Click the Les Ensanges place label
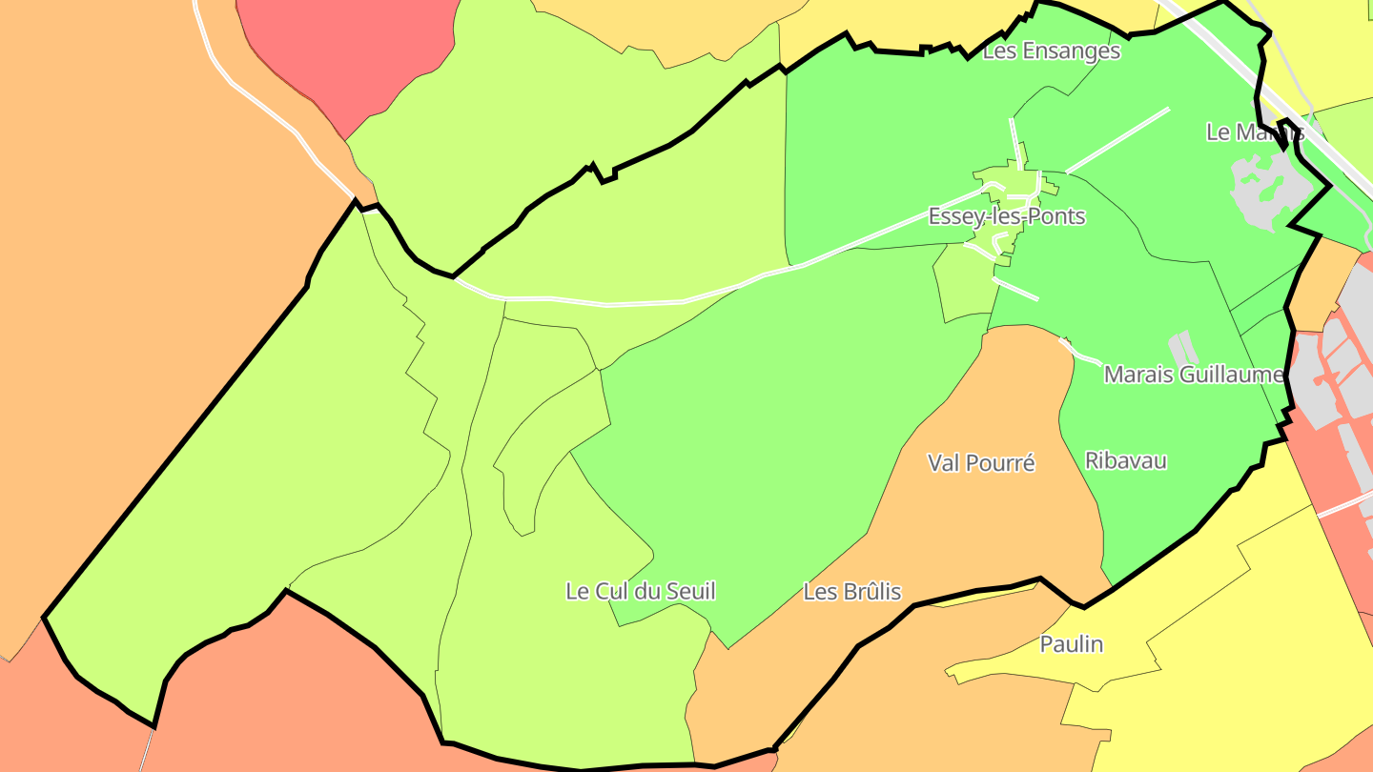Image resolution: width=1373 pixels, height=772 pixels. (x=1051, y=51)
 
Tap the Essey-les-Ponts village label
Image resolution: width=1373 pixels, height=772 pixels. (x=1007, y=216)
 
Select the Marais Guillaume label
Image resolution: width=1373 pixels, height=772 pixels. (x=1194, y=375)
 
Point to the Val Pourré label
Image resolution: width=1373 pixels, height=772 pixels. (x=981, y=462)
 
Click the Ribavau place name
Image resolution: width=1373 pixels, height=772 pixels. (x=1125, y=460)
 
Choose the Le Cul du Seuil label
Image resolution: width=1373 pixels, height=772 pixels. (x=641, y=591)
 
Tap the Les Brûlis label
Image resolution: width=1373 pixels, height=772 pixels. (x=851, y=592)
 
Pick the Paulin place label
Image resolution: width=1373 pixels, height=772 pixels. (x=1071, y=644)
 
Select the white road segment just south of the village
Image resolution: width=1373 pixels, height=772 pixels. (x=1015, y=288)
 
